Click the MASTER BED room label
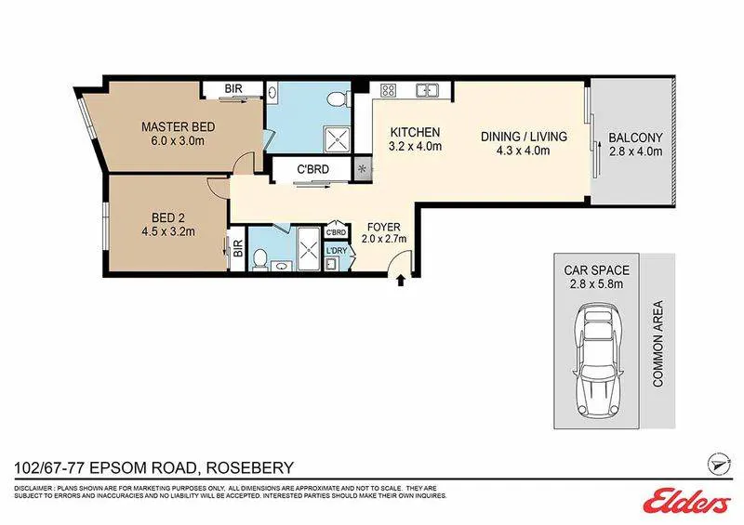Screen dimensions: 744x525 coord(178,127)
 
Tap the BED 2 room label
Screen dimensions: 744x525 coord(168,217)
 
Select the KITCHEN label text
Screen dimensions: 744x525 coord(415,132)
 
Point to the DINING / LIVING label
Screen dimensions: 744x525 coord(524,137)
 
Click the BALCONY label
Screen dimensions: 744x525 coord(635,138)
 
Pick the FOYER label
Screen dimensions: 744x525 coord(384,228)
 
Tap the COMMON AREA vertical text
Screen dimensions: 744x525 coord(658,344)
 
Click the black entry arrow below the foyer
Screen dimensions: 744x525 coord(401,281)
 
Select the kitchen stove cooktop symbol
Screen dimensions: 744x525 coord(389,89)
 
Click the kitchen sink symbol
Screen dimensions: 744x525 coord(427,89)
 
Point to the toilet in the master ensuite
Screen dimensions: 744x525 coord(337,98)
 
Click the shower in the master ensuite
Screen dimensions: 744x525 coord(338,140)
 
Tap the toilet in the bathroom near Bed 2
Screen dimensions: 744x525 coord(259,259)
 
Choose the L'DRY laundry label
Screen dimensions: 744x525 coord(337,250)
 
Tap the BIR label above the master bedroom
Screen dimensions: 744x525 coord(233,88)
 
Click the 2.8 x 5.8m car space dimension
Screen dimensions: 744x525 coord(596,284)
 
